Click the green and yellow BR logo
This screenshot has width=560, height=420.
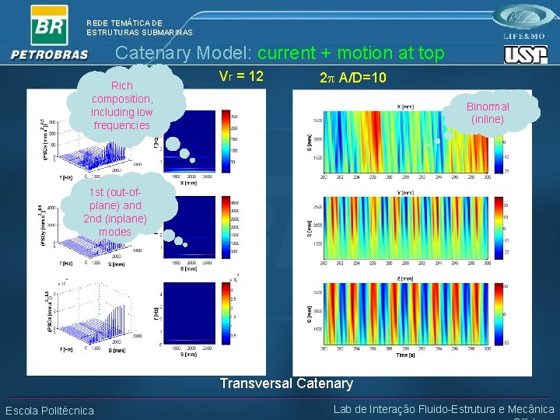[x=48, y=25]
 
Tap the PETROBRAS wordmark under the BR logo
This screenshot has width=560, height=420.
[x=50, y=54]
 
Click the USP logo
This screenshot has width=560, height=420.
[x=526, y=54]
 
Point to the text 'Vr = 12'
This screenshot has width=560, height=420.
[x=242, y=76]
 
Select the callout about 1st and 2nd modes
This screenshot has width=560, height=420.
[x=115, y=212]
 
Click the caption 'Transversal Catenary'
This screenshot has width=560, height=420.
[x=286, y=383]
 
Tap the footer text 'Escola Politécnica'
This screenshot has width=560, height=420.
[x=49, y=411]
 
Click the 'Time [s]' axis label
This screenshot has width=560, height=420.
[x=405, y=355]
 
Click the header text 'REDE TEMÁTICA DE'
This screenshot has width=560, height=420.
[x=124, y=23]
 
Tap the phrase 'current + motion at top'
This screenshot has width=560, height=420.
[x=351, y=54]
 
